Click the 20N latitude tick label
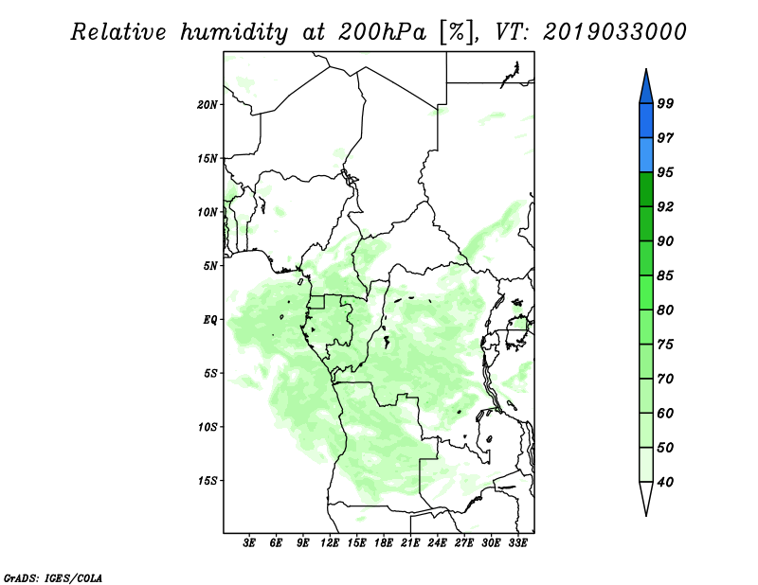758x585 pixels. tap(208, 105)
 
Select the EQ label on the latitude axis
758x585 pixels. tap(210, 320)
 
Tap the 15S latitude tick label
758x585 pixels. tap(208, 481)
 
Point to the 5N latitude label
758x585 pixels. tap(210, 266)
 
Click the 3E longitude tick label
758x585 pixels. tap(249, 543)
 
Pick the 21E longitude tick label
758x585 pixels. tap(410, 543)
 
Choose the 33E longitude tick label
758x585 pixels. tap(517, 543)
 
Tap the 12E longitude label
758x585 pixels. tap(330, 543)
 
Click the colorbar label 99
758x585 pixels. tap(665, 103)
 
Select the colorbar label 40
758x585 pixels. tap(665, 482)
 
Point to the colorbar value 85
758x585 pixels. tap(665, 275)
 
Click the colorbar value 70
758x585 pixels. tap(665, 379)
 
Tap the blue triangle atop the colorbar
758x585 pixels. tap(646, 89)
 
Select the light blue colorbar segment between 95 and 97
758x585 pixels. tap(646, 155)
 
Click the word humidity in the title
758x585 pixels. tap(234, 33)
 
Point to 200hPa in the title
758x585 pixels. tap(382, 32)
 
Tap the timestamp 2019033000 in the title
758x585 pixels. tap(614, 32)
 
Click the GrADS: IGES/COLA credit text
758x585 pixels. tap(53, 578)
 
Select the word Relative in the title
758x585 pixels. tap(119, 32)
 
